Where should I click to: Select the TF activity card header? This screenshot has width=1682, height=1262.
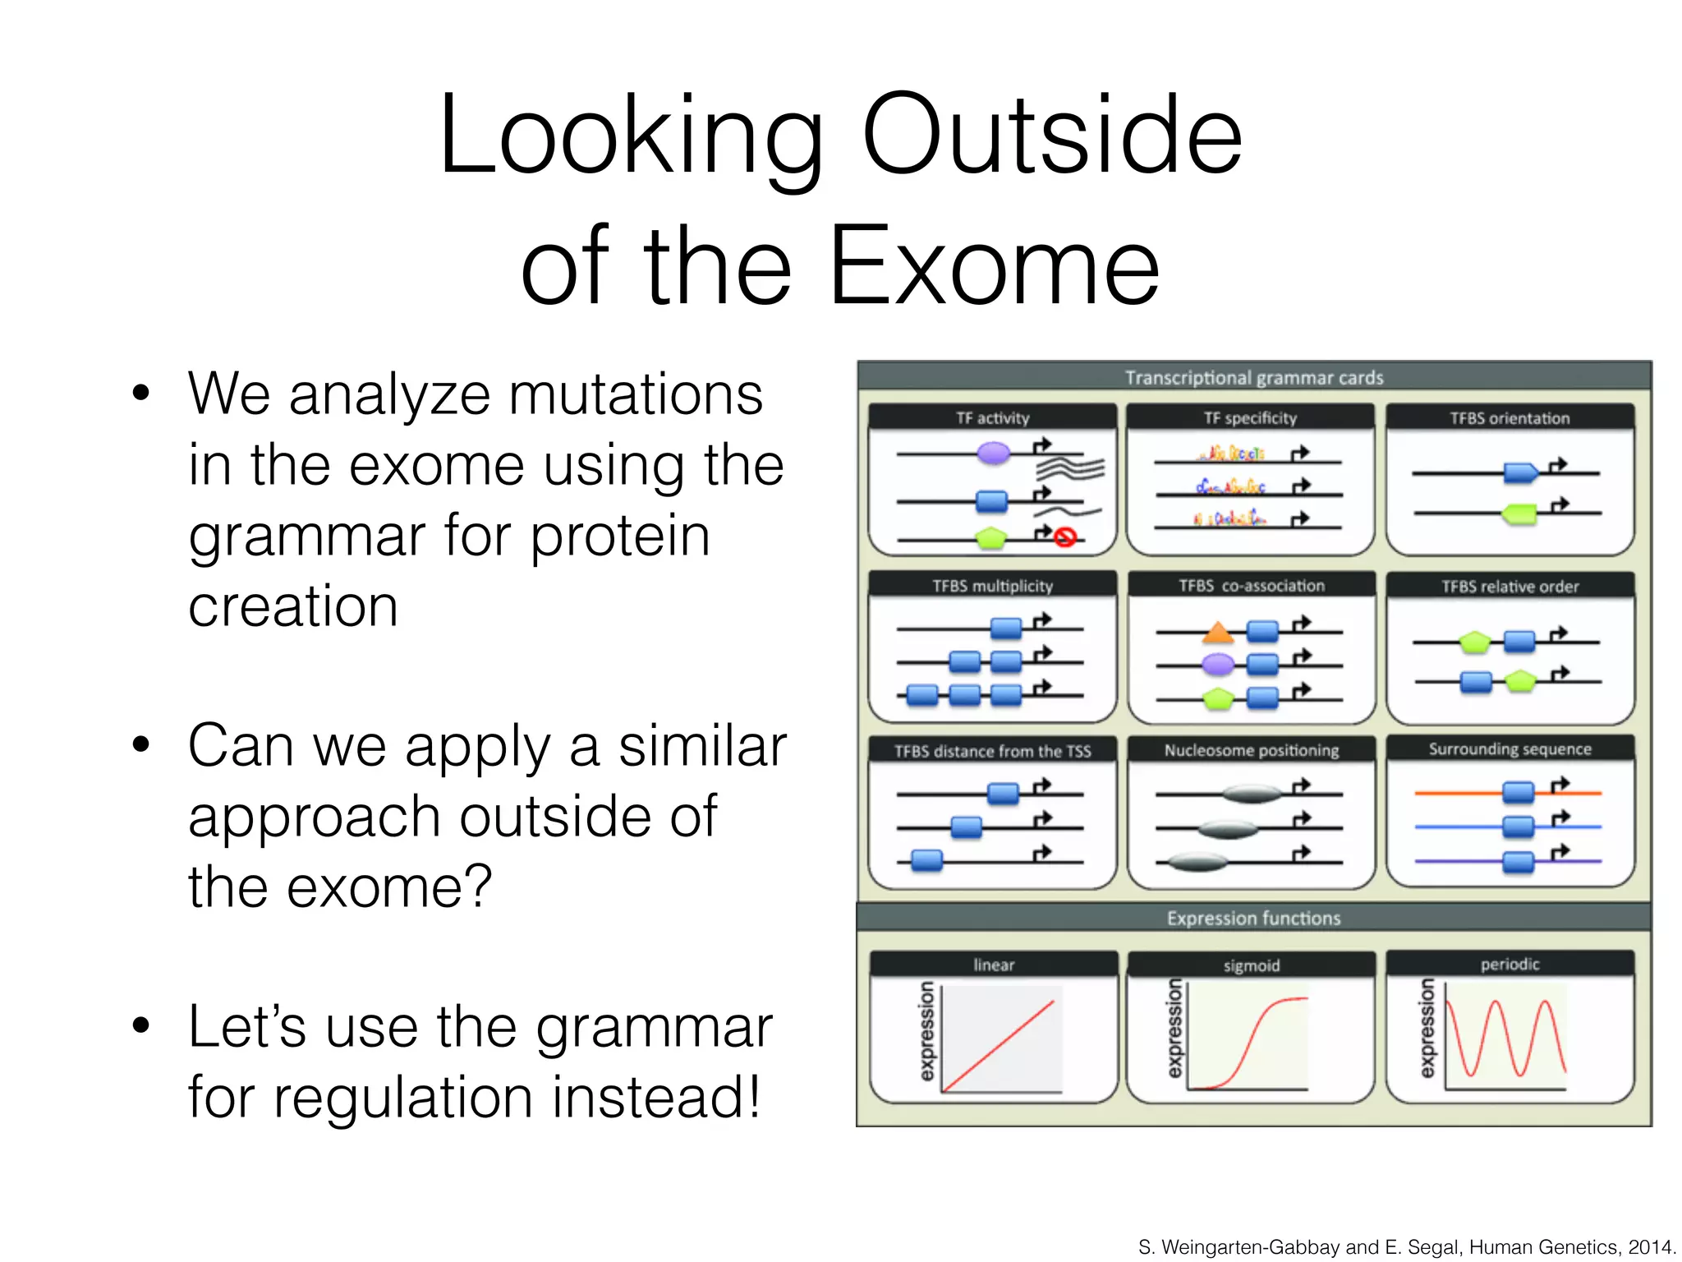992,418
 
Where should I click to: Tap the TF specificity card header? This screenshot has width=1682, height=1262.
1250,418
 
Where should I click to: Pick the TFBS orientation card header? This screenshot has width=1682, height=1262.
1510,418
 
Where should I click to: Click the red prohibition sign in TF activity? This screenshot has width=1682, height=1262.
1065,537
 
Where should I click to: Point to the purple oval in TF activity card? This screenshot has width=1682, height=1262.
994,452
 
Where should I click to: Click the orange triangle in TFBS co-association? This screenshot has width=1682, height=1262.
1218,633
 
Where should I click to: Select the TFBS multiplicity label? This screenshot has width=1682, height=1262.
992,586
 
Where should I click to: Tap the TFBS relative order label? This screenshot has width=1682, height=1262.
1510,587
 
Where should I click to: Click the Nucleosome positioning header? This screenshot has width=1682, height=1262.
1251,750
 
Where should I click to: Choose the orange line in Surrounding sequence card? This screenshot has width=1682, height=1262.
1454,793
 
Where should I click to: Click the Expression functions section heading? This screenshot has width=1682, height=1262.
1253,918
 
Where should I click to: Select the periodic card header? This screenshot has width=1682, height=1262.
1510,964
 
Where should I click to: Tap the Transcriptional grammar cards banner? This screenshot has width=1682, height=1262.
1253,377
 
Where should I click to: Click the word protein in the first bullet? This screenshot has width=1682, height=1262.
619,536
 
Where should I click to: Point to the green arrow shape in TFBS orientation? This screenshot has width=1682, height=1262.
1519,514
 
